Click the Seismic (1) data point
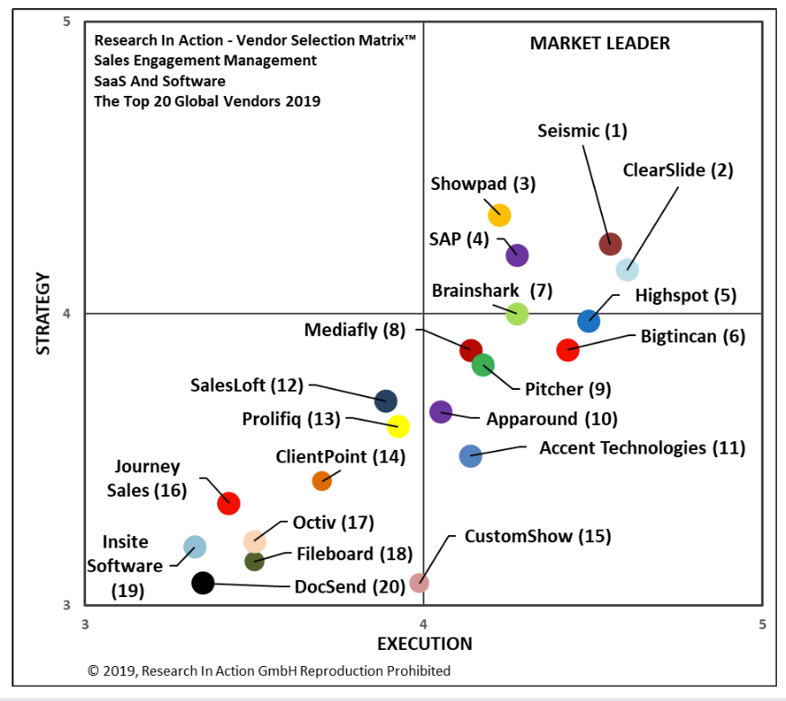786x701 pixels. [x=610, y=243]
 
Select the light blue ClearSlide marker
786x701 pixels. [x=627, y=269]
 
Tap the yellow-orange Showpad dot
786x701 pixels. [x=500, y=215]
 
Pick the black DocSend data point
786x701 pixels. [x=204, y=584]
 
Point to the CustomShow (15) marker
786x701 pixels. [x=419, y=583]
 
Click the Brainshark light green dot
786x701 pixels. [x=517, y=314]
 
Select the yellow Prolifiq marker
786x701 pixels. [x=398, y=427]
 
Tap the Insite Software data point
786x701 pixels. [x=195, y=547]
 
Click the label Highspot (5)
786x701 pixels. [x=685, y=295]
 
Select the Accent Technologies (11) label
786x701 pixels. [x=642, y=447]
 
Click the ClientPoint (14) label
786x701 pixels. [x=340, y=456]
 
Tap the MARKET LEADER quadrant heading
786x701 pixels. [x=599, y=43]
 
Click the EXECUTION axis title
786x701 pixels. [x=424, y=644]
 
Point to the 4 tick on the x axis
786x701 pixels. [x=424, y=622]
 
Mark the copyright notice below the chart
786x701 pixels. [x=269, y=671]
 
